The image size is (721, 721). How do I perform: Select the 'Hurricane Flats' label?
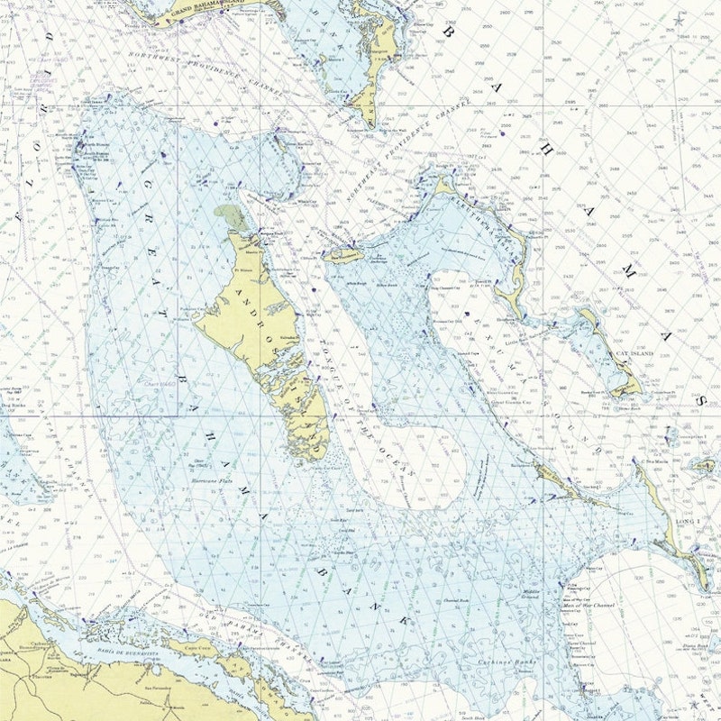pyautogui.click(x=213, y=482)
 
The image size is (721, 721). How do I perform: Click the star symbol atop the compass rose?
pyautogui.click(x=678, y=20)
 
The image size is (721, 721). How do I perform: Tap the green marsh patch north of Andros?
pyautogui.click(x=230, y=216)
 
